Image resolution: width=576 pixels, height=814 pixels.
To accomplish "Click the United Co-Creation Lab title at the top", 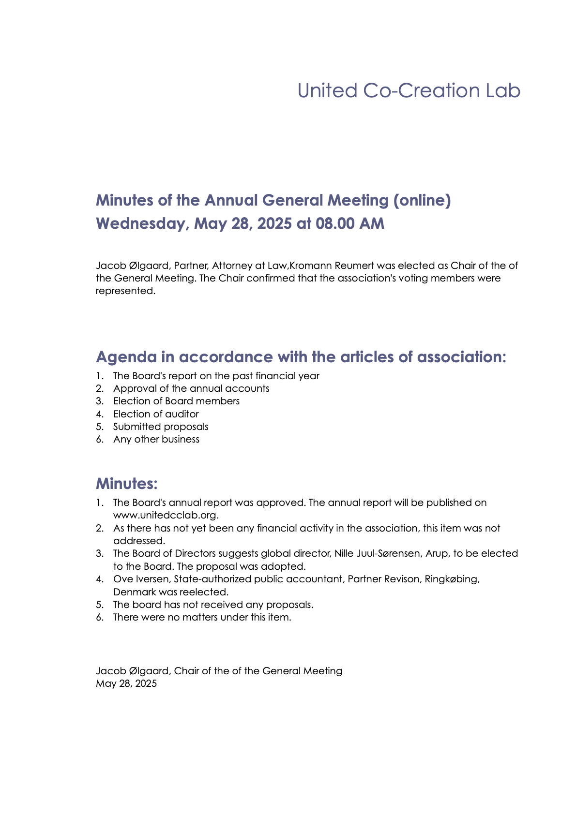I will [x=409, y=91].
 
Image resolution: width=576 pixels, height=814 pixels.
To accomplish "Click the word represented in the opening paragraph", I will [x=125, y=291].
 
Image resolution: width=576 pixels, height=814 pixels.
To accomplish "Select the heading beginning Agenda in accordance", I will [x=301, y=357].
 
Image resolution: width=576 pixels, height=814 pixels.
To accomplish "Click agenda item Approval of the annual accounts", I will [x=191, y=388].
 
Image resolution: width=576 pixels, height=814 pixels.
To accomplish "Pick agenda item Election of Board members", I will [x=176, y=401].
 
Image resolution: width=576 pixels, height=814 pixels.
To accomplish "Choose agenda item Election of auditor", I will [x=156, y=414].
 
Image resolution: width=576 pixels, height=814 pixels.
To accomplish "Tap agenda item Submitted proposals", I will [x=161, y=427].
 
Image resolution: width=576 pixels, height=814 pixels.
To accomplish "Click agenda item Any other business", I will [x=156, y=439].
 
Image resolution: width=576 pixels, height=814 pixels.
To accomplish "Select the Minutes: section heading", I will [x=127, y=483].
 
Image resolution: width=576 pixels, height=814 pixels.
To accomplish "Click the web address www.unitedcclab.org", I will [x=166, y=515].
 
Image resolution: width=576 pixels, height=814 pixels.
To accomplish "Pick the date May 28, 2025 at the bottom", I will [x=126, y=683].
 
